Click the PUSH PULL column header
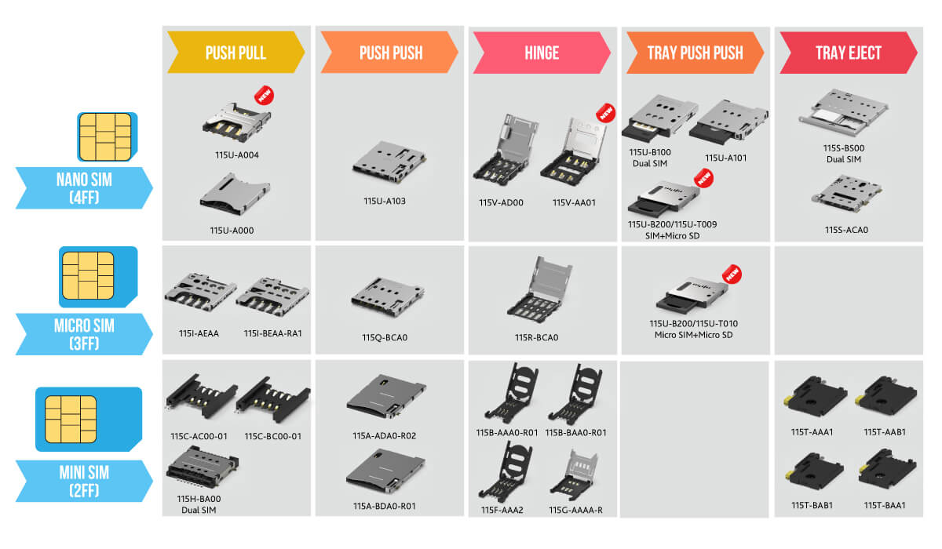click(235, 53)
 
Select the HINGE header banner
click(542, 53)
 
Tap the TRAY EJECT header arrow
click(848, 53)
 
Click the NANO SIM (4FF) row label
click(85, 187)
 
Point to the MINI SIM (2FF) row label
click(85, 481)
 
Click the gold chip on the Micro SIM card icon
click(88, 277)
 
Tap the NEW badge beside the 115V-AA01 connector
click(604, 113)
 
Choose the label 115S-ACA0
click(846, 231)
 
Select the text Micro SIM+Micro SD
click(693, 336)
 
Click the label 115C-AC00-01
click(199, 437)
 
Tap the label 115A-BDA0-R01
click(385, 507)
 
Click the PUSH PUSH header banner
click(389, 53)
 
